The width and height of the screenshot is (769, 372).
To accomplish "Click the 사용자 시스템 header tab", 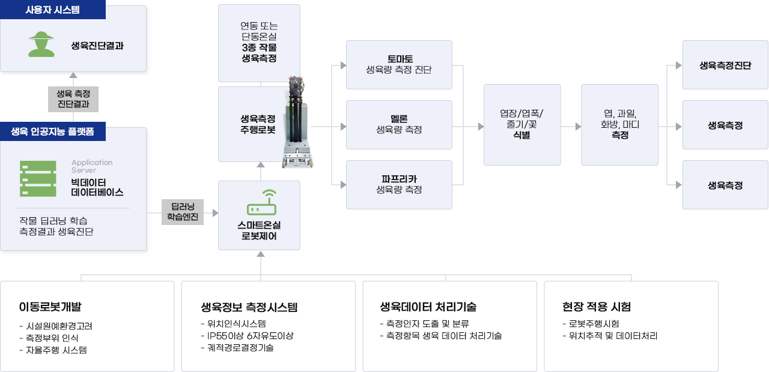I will tap(53, 10).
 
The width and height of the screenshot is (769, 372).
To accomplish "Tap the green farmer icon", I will tap(42, 44).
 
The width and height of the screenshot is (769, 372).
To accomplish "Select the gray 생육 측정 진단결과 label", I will tap(73, 99).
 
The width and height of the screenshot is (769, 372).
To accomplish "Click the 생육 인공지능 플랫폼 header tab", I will tap(53, 131).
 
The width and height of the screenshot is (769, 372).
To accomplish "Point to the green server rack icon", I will tap(37, 178).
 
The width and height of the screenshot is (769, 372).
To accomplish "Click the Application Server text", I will tap(91, 166).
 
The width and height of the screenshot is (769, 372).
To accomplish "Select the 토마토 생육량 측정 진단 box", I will tap(399, 64).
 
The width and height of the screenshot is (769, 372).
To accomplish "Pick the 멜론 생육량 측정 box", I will tap(399, 124).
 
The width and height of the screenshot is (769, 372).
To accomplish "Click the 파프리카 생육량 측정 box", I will tap(399, 184).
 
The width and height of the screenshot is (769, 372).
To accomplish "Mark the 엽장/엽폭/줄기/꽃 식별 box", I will tap(521, 124).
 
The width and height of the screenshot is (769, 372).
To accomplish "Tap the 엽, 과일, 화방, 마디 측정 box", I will tap(619, 124).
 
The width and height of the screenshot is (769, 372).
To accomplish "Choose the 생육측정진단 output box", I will tap(725, 65).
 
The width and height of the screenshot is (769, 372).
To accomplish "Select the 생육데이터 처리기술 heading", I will tap(428, 307).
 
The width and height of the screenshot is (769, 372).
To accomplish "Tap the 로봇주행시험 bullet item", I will tap(592, 324).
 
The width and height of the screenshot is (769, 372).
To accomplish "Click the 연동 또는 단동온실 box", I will tap(259, 43).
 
